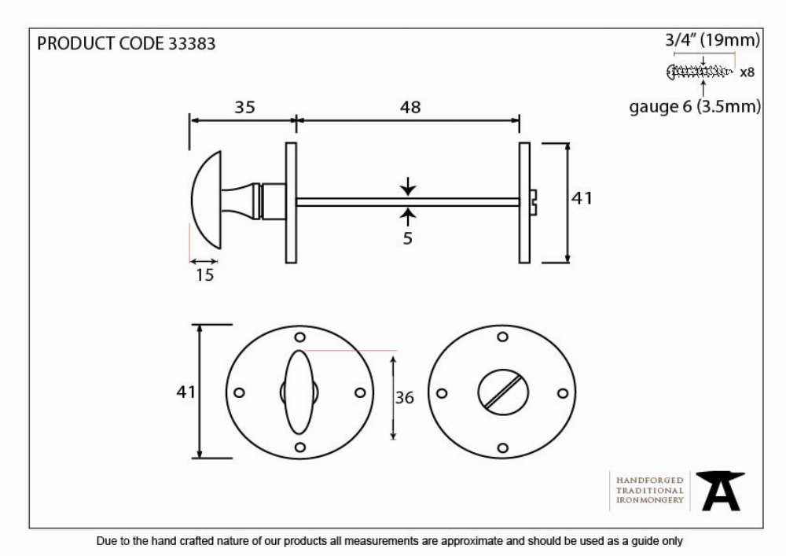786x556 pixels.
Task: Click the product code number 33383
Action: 192,43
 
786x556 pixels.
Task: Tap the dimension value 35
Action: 244,107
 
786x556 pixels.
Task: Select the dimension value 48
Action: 410,107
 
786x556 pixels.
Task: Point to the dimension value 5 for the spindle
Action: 407,238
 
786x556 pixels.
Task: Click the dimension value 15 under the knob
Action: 204,274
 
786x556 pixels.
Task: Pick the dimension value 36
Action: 405,398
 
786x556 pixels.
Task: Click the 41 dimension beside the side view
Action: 582,198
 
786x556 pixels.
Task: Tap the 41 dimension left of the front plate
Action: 186,392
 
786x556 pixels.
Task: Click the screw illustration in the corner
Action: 700,72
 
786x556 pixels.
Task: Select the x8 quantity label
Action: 747,72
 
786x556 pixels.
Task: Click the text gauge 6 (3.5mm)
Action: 695,107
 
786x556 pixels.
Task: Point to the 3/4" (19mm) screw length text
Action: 712,39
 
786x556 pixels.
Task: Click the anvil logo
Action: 721,491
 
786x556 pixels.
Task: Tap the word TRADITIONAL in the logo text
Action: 650,490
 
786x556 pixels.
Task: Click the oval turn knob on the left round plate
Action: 299,392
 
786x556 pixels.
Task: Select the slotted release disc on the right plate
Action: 502,392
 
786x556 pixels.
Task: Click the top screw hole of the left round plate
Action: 299,337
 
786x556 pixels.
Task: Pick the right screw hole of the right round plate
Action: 563,393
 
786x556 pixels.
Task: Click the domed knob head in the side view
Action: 206,200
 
